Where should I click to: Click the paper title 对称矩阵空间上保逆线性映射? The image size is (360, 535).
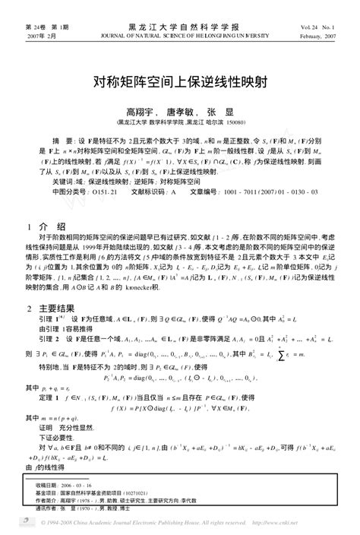tap(180, 78)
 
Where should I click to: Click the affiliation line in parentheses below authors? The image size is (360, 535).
tap(181, 121)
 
